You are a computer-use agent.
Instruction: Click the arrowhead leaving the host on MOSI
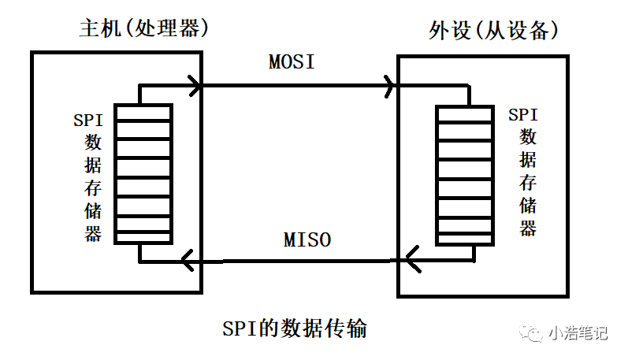tap(194, 85)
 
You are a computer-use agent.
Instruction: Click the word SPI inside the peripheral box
tap(523, 114)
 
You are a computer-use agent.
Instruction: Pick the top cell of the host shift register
tap(143, 113)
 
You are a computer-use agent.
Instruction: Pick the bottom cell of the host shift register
tap(143, 235)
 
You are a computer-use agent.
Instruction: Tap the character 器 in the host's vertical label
tap(93, 233)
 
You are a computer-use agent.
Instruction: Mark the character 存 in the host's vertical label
tap(93, 188)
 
